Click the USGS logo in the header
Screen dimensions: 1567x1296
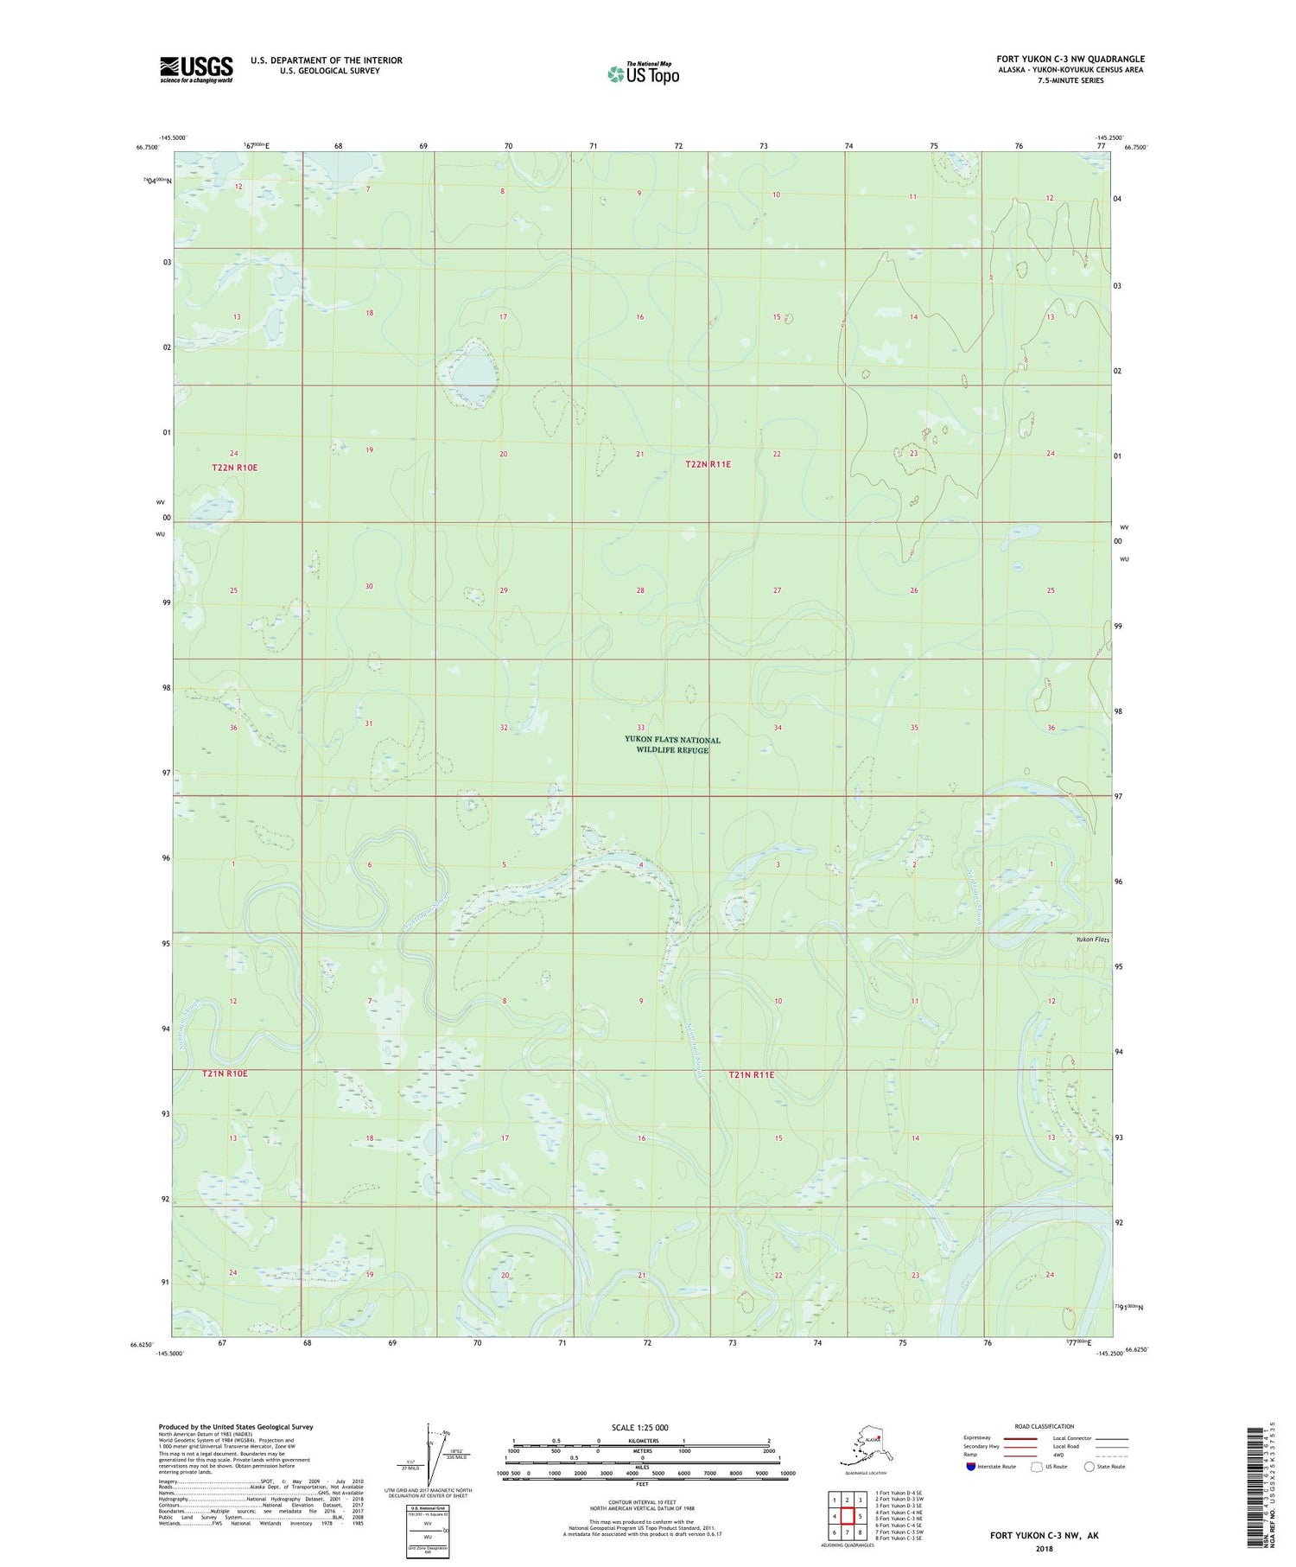tap(196, 69)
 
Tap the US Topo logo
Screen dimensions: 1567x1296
tap(644, 73)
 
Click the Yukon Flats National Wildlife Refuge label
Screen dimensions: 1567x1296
tap(672, 745)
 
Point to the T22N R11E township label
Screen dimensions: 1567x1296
tap(708, 464)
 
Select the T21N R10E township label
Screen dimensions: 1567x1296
tap(225, 1073)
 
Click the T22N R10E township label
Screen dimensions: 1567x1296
tap(234, 468)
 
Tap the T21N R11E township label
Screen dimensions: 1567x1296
tap(751, 1074)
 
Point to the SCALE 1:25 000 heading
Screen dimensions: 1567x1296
tap(639, 1427)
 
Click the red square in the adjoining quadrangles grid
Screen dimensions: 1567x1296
tap(848, 1515)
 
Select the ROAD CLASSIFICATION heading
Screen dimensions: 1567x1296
tap(1045, 1426)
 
